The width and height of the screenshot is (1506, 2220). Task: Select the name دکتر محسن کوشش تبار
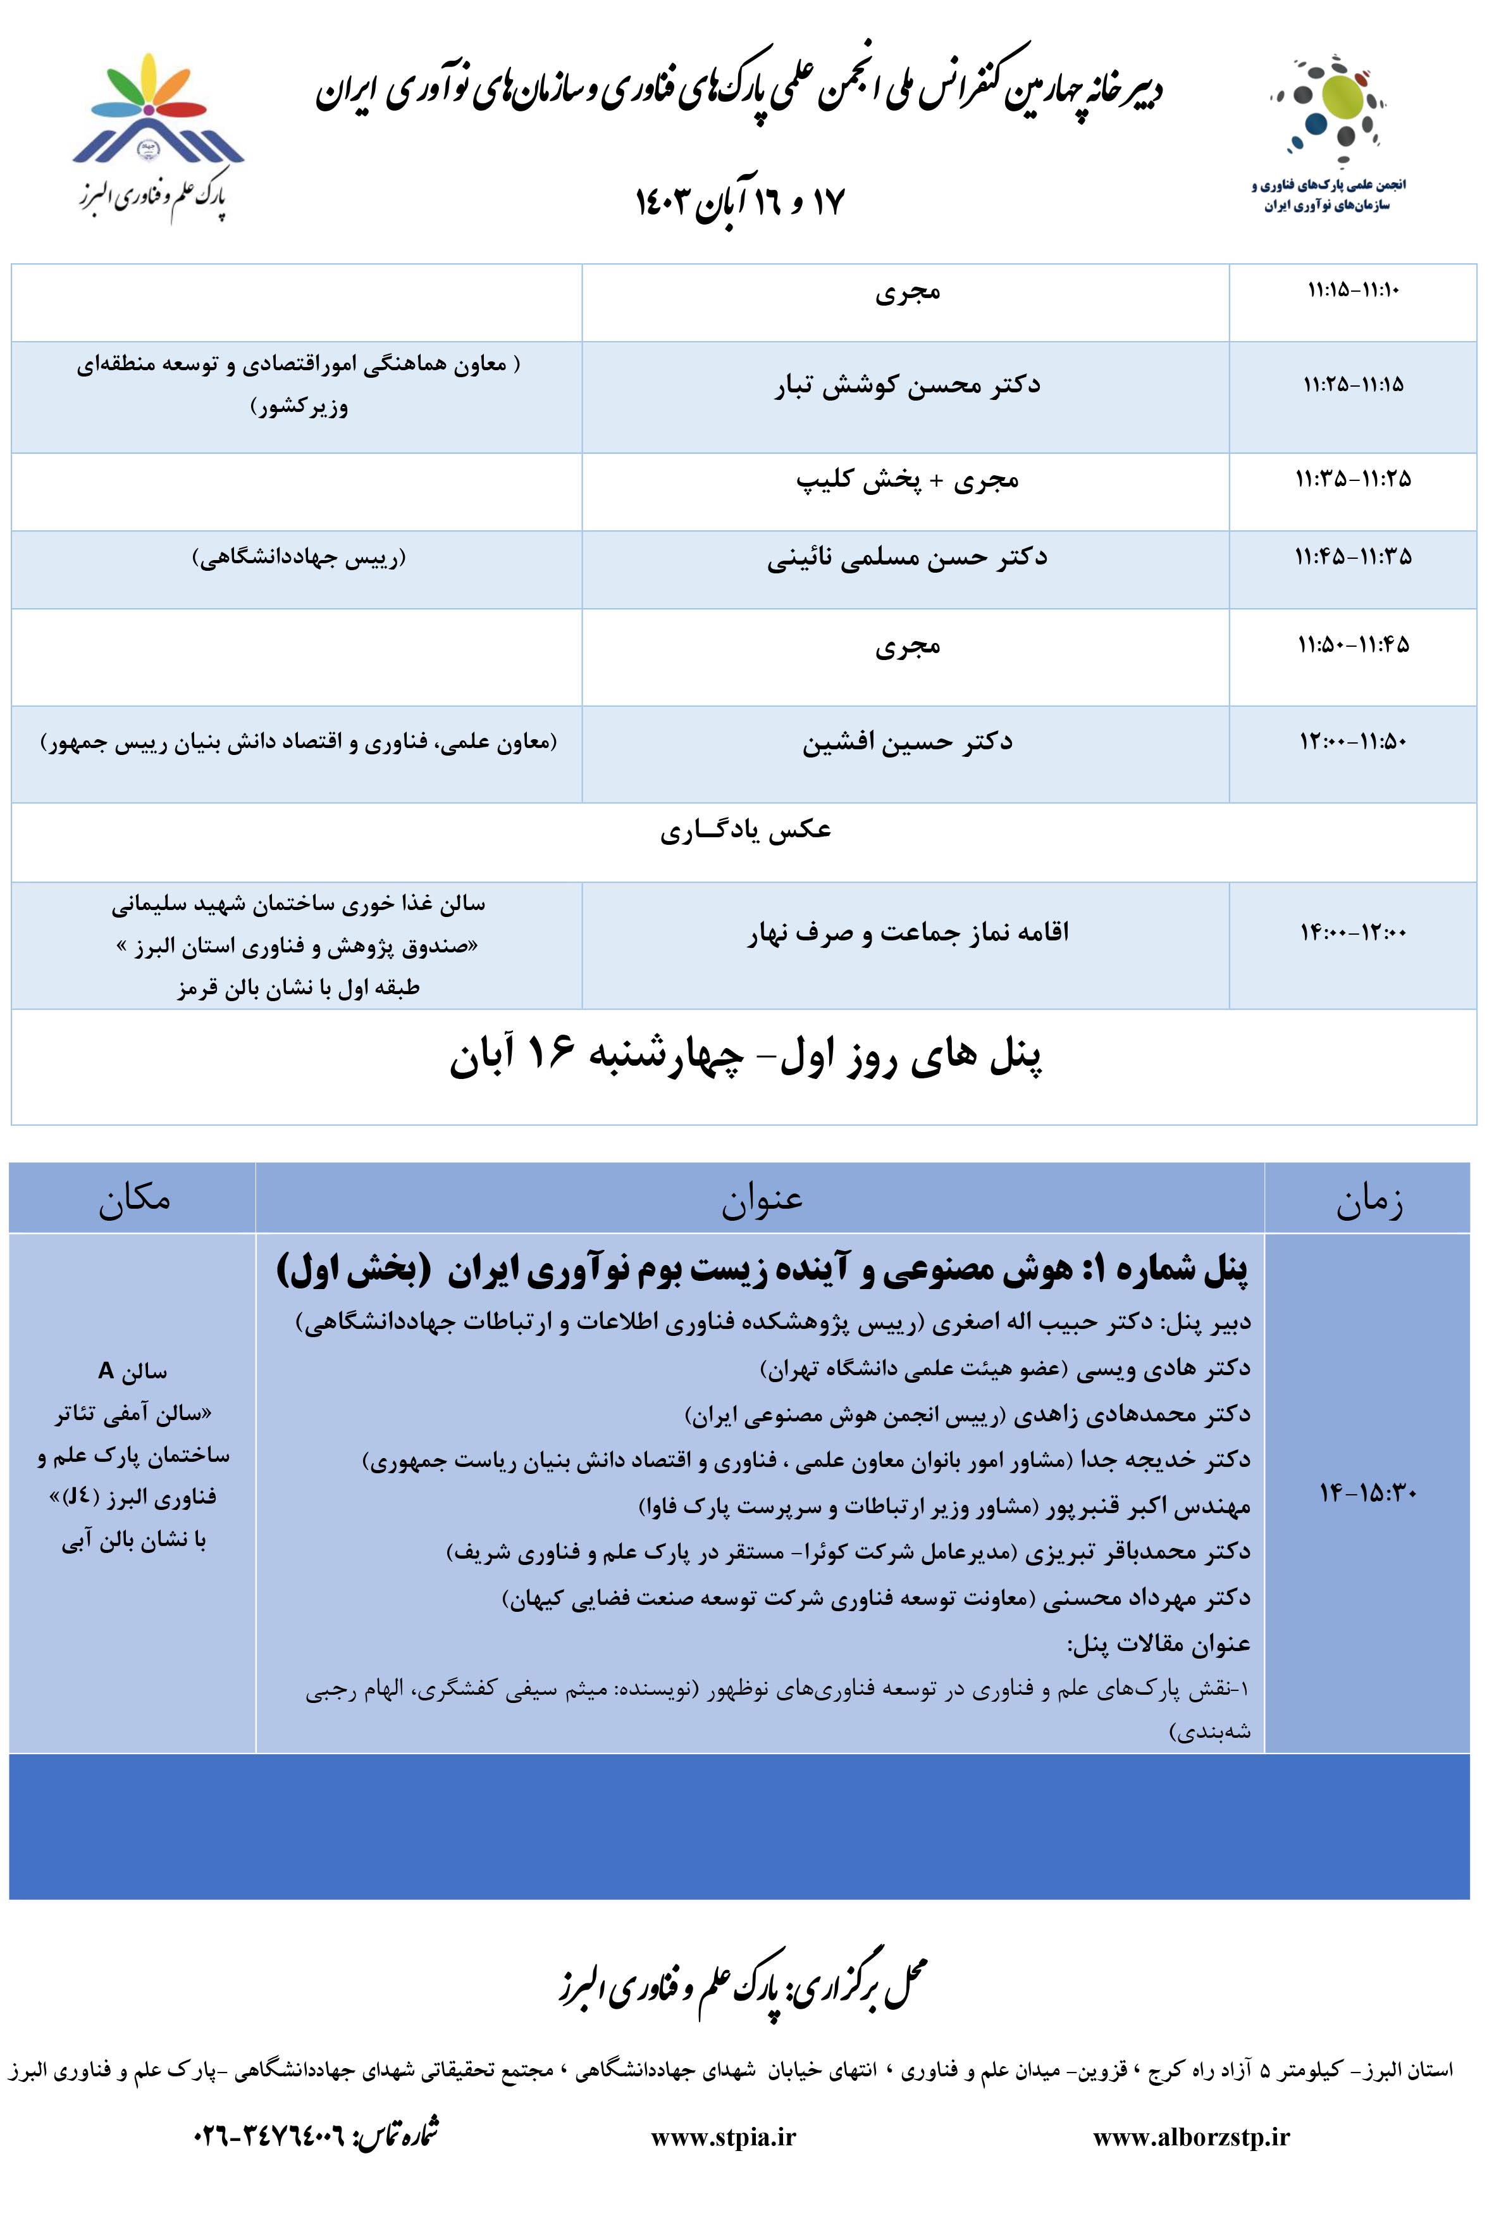pos(906,385)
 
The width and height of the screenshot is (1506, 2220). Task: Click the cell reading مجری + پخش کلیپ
pos(906,480)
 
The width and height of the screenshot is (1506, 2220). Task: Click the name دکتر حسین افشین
pos(906,742)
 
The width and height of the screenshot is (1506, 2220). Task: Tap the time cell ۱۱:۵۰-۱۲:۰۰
pos(1352,742)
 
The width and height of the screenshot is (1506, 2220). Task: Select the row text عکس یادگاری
pos(745,831)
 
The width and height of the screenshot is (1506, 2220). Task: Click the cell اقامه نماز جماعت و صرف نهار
pos(906,932)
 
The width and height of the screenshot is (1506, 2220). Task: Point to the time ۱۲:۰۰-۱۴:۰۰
pos(1352,932)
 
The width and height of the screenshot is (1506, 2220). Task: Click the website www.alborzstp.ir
pos(1191,2138)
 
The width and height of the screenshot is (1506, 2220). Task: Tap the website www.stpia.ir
pos(723,2138)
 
